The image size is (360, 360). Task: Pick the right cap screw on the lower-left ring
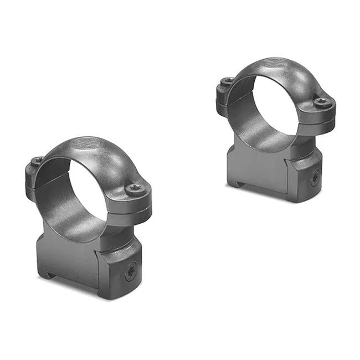(135, 189)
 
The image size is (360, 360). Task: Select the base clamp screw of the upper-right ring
(314, 178)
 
